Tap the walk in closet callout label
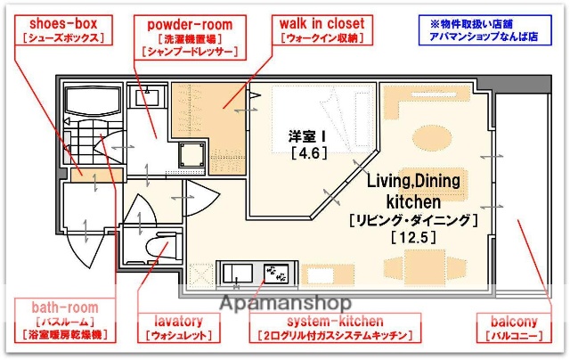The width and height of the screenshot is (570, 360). click(322, 31)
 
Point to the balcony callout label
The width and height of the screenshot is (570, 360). click(517, 327)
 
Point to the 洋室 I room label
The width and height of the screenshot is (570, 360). click(307, 135)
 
